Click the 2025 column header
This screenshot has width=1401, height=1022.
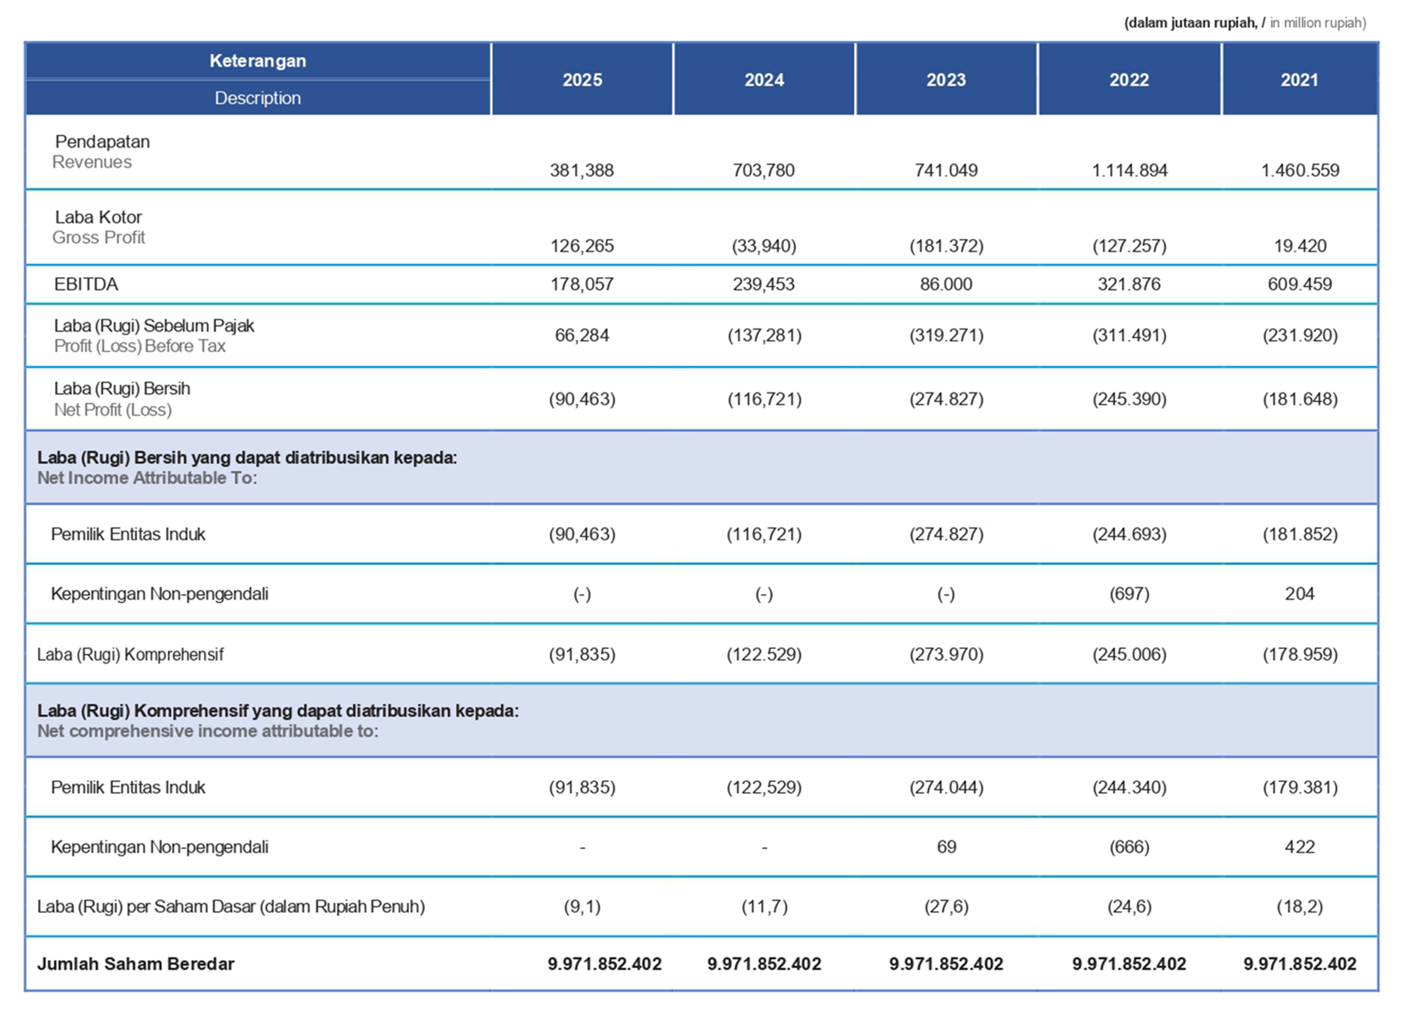click(x=582, y=80)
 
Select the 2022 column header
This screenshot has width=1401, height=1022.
click(x=1129, y=80)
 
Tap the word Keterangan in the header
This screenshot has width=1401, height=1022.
click(x=257, y=61)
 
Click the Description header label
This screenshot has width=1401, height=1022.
click(x=257, y=98)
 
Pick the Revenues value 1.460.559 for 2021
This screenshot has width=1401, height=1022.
click(x=1299, y=170)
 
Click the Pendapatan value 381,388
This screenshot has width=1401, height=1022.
click(x=582, y=170)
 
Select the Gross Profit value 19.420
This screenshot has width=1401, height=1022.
click(x=1299, y=246)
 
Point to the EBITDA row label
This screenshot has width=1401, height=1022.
click(x=86, y=284)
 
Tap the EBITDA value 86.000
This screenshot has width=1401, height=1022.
click(x=946, y=284)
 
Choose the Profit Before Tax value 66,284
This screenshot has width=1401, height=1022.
click(x=582, y=335)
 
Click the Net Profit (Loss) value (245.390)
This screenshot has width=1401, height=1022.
click(x=1129, y=399)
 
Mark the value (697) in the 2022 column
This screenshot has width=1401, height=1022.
click(x=1129, y=594)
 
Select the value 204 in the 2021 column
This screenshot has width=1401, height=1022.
click(x=1299, y=594)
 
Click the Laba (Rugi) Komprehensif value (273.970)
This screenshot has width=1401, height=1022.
click(x=946, y=654)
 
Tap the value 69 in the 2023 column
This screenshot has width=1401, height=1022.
click(x=946, y=847)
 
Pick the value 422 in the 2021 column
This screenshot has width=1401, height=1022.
click(x=1299, y=847)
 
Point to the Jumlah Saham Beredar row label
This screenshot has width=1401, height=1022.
click(x=135, y=964)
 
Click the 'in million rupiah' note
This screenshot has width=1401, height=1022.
click(x=1318, y=23)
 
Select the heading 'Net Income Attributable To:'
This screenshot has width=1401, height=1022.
click(x=147, y=478)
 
